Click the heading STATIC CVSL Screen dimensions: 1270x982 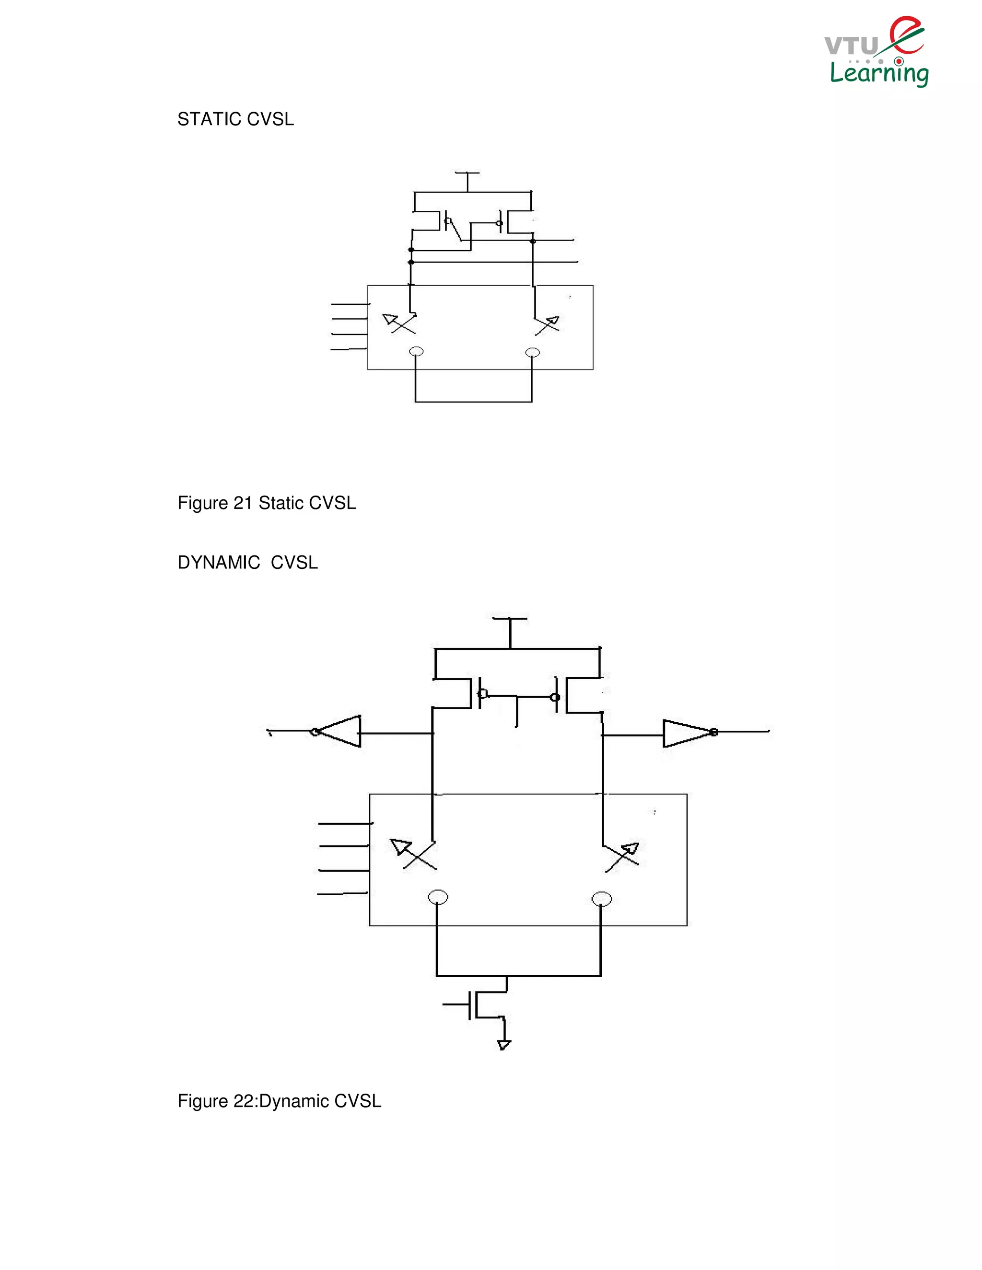[235, 119]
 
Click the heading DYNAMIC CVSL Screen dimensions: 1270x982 [247, 563]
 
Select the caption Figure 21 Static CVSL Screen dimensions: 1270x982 [267, 503]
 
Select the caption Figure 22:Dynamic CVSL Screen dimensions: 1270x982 [279, 1101]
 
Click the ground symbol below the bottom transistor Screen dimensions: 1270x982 [504, 1045]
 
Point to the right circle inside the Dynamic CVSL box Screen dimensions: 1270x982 [602, 899]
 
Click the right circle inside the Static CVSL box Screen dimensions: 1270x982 [532, 352]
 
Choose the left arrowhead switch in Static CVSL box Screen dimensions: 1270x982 [398, 323]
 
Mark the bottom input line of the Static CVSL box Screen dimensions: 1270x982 [348, 349]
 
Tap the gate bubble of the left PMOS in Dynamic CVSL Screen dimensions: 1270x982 [482, 693]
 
